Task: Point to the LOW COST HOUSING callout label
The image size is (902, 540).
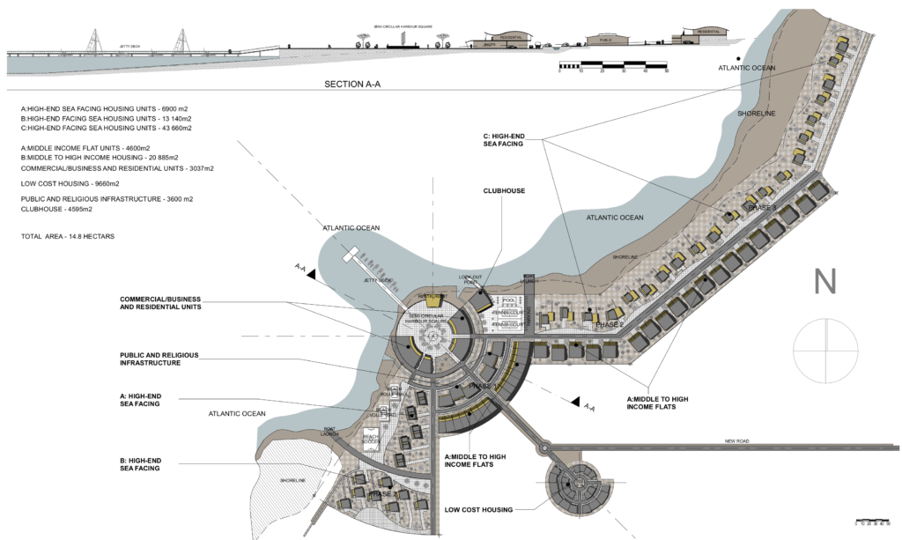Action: [478, 509]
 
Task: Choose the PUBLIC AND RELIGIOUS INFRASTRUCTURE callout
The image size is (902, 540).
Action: [159, 359]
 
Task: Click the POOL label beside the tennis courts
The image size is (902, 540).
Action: [506, 300]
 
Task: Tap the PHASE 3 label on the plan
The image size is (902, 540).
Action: [763, 207]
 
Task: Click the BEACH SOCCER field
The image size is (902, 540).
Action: [370, 438]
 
